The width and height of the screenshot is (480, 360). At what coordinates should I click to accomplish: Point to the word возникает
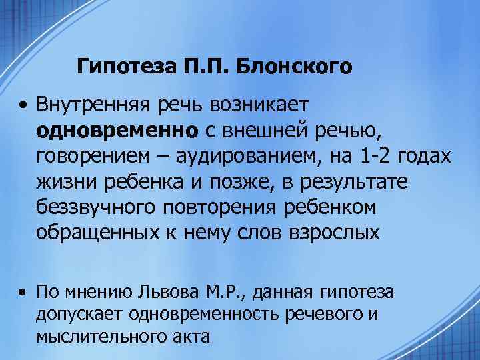258,105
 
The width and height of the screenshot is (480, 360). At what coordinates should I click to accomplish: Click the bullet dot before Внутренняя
23,105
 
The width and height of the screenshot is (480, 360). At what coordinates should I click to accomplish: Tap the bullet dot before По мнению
23,291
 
